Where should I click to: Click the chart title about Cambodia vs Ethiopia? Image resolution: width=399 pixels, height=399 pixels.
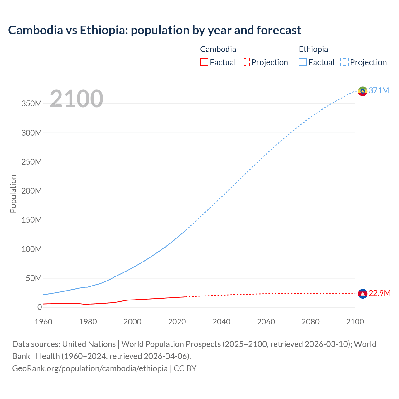155,30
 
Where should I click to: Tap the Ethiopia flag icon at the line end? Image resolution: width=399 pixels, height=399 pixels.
363,91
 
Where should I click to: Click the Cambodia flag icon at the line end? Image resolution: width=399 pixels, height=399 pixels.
363,294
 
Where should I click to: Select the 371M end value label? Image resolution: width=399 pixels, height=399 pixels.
379,90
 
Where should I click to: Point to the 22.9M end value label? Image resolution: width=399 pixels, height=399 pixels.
379,293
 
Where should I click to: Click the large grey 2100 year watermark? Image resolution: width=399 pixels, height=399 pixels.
76,99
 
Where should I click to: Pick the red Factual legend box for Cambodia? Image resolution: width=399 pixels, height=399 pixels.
204,62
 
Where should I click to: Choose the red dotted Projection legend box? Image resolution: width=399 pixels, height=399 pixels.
246,62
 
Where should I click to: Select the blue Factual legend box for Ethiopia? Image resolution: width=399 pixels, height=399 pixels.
302,62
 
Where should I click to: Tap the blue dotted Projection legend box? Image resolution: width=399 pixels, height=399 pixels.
344,62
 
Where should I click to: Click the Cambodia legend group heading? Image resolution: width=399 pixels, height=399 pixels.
218,49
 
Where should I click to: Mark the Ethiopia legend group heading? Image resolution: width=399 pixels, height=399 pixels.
313,49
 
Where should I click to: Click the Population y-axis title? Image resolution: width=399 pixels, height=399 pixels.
13,194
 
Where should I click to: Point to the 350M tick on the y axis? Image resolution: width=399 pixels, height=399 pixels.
31,104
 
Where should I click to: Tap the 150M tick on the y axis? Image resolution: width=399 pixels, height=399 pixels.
31,220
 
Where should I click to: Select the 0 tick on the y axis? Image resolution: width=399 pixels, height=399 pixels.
39,307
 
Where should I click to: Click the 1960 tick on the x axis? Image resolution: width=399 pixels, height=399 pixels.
44,322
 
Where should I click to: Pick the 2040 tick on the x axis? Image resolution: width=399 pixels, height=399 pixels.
221,322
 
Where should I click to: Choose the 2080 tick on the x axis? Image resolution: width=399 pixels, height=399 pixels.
310,322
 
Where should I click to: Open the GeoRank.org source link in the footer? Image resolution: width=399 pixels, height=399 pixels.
90,368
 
